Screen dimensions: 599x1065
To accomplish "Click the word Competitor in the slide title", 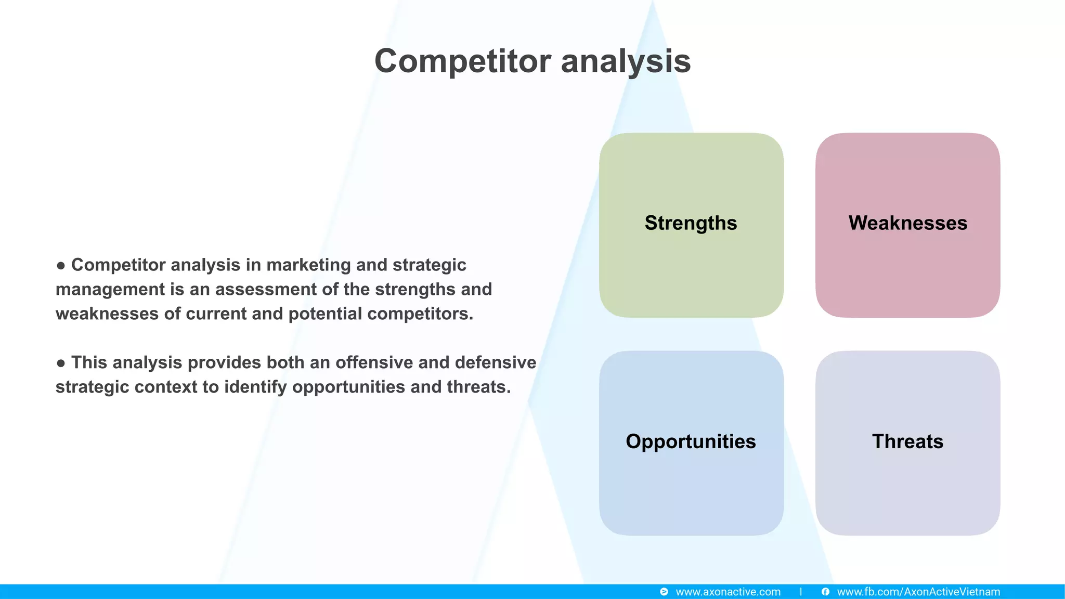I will pyautogui.click(x=462, y=61).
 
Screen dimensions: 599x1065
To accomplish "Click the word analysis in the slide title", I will pyautogui.click(x=626, y=61).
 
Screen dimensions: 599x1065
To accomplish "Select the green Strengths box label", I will pyautogui.click(x=691, y=223).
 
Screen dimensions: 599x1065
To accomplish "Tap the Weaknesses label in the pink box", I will pyautogui.click(x=907, y=223).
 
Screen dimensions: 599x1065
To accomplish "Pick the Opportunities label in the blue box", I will pyautogui.click(x=691, y=441).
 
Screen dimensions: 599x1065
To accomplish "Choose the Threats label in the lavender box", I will pyautogui.click(x=907, y=441).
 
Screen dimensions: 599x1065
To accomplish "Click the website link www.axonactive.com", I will pyautogui.click(x=728, y=592).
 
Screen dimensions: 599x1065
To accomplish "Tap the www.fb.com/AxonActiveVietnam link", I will pyautogui.click(x=918, y=592).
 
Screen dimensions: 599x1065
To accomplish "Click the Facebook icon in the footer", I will pyautogui.click(x=825, y=592).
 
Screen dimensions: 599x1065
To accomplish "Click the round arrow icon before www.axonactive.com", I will pyautogui.click(x=664, y=592).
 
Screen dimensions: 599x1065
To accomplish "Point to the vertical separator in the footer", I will pyautogui.click(x=801, y=592).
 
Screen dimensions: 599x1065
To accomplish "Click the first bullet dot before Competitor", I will pyautogui.click(x=61, y=266).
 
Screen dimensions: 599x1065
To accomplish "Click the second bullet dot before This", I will pyautogui.click(x=61, y=363).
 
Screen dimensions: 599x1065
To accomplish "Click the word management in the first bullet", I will pyautogui.click(x=110, y=290).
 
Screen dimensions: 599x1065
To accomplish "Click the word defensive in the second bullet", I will pyautogui.click(x=495, y=362).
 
